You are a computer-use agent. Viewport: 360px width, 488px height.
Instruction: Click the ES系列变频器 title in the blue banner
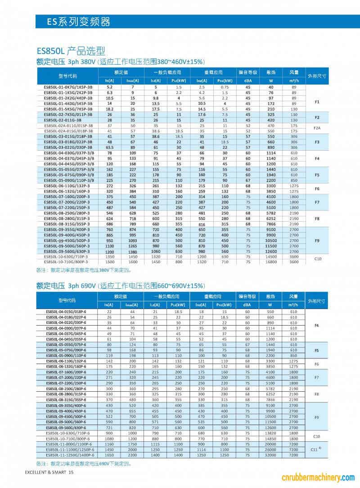pos(79,22)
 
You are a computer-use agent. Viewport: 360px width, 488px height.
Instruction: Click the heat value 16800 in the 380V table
pos(271,261)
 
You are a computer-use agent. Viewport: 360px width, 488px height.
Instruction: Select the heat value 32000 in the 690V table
pos(271,455)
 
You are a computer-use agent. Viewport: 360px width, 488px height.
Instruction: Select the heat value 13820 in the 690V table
pos(271,433)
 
